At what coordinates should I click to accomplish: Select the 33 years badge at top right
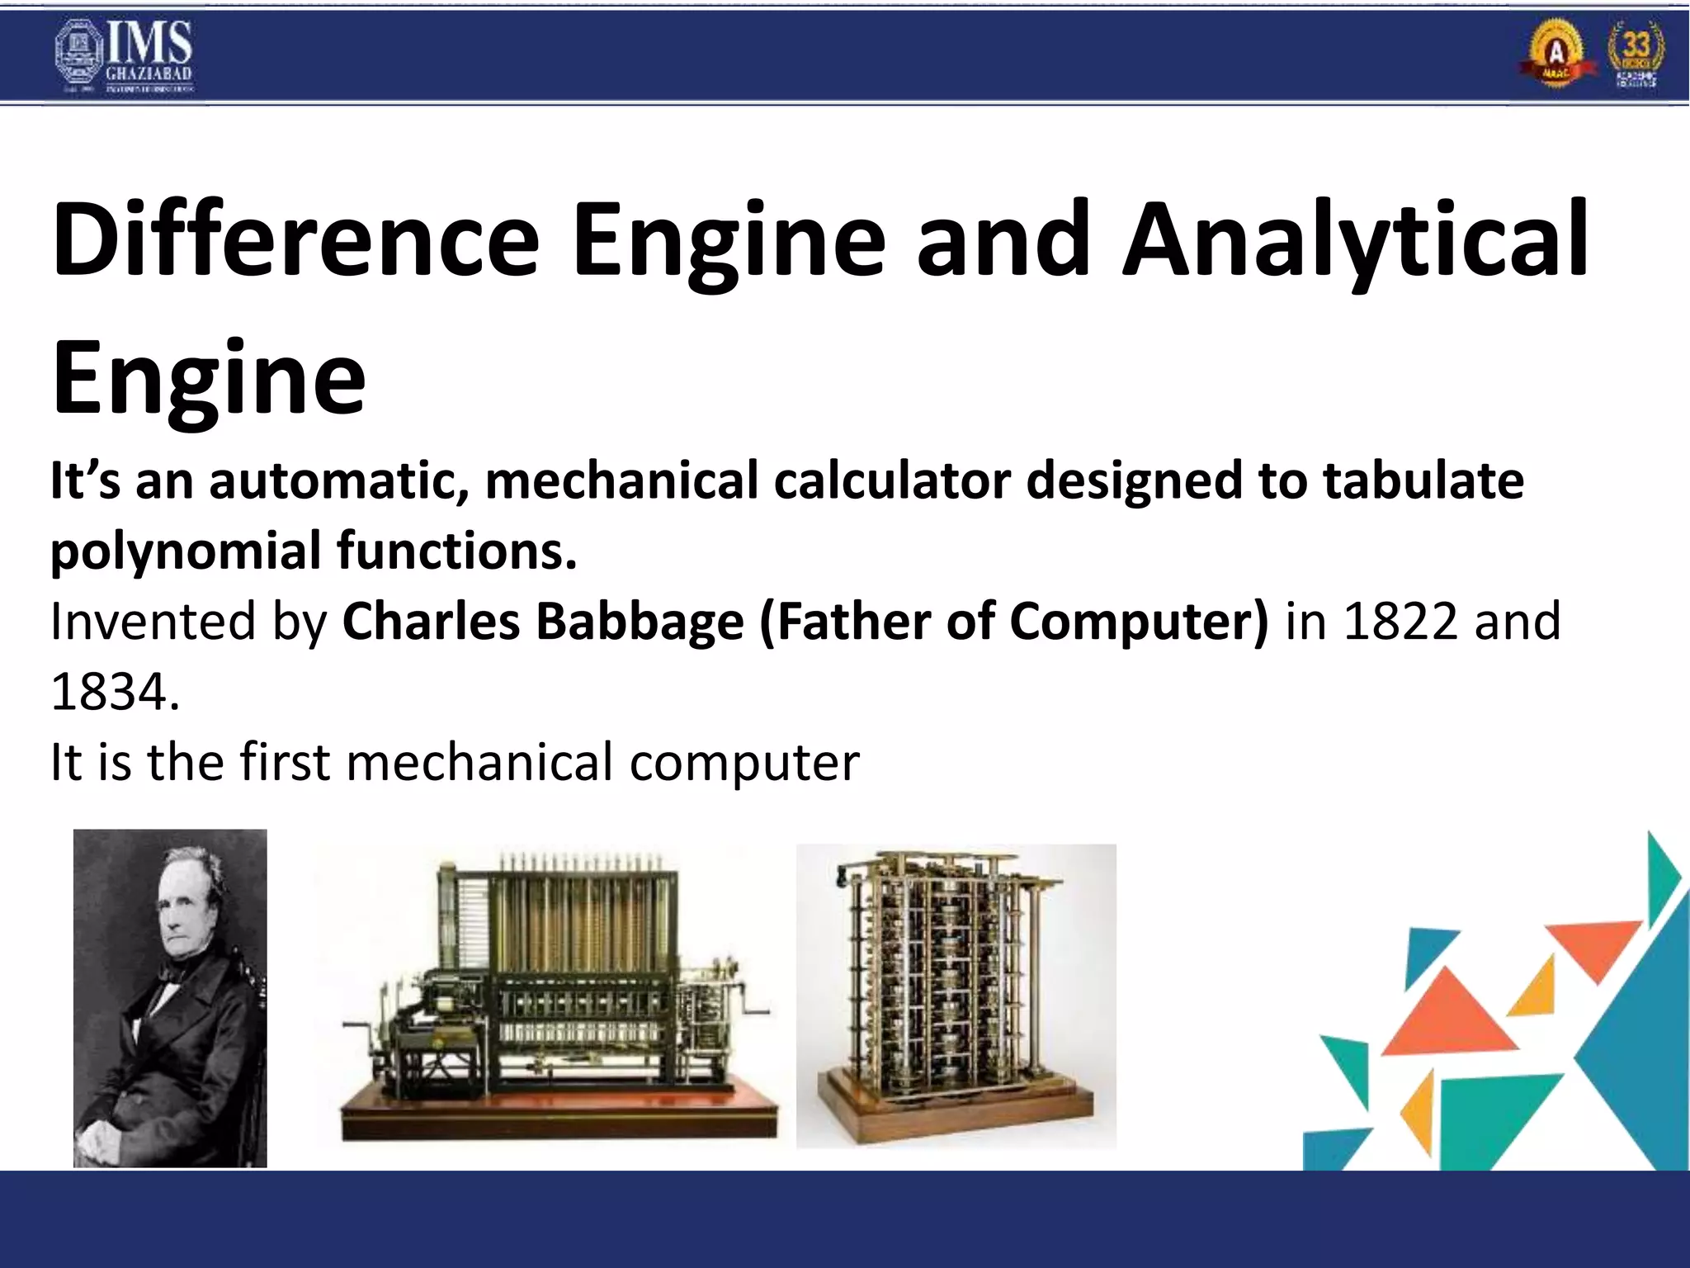pos(1636,54)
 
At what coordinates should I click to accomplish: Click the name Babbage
pos(640,621)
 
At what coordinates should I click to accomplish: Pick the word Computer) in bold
pos(1139,621)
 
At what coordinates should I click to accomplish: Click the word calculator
pos(891,480)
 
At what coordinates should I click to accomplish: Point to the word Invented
pos(153,621)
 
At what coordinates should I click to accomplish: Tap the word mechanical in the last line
pos(479,761)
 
